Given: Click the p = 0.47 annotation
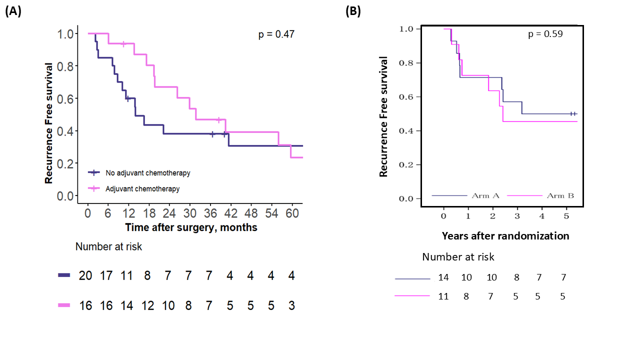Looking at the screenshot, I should (276, 34).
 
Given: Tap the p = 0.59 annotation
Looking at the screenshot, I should (545, 34).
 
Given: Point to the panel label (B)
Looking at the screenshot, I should (353, 11).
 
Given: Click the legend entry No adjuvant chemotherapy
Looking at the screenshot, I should (147, 173).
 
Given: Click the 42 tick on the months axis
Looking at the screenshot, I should (230, 213).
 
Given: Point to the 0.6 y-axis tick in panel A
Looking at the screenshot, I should (67, 98).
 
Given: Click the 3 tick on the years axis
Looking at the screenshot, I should (517, 215).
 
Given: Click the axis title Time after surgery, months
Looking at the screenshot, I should (191, 227).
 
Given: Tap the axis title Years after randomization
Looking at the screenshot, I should (505, 235).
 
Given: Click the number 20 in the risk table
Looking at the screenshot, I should (85, 276).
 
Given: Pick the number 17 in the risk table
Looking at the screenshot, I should (106, 276).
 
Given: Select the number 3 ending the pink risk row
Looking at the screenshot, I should (291, 305).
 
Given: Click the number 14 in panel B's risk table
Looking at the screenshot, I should (444, 277).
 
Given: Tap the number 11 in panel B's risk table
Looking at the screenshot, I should (444, 296).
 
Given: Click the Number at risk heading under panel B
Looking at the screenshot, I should (458, 257).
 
